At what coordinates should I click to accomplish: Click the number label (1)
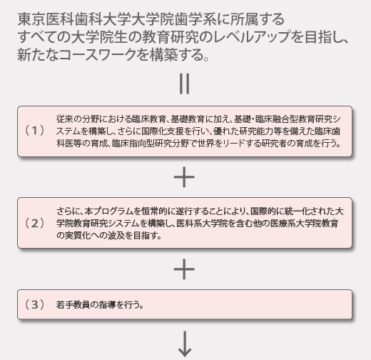[35, 131]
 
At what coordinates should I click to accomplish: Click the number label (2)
[35, 224]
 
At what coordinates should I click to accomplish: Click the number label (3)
[35, 304]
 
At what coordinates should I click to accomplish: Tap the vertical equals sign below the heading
[185, 84]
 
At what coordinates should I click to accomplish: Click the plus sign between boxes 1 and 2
[184, 177]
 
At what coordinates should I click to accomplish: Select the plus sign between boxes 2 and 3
[184, 269]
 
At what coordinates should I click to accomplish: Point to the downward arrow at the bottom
[185, 344]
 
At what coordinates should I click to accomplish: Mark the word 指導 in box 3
[107, 305]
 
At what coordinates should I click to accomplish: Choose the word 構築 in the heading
[164, 55]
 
